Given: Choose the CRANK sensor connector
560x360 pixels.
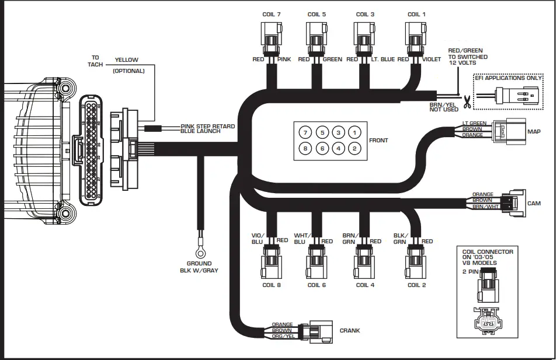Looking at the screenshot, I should point(321,330).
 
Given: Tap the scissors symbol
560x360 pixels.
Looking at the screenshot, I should point(467,104).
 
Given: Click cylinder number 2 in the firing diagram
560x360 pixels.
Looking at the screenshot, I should point(354,149).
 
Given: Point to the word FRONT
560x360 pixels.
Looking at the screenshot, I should point(378,141).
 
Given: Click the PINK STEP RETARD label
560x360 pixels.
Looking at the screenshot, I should point(208,126).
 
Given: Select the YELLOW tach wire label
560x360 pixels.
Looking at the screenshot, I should point(126,60).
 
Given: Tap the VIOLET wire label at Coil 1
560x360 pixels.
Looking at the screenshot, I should point(433,60).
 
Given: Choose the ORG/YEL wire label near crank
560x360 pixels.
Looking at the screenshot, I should point(282,336).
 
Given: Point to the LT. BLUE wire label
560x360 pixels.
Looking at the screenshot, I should point(383,60).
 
